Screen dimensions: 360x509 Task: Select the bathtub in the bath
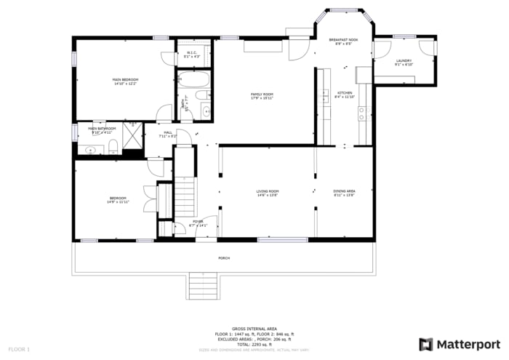(193, 80)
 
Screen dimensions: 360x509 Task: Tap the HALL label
(168, 133)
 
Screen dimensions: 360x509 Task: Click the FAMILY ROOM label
(262, 95)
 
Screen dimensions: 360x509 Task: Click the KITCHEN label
(345, 94)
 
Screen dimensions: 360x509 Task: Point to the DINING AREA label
(344, 192)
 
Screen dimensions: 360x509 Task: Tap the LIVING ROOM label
(268, 192)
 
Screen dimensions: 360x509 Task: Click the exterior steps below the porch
(204, 286)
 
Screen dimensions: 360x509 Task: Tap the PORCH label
(224, 258)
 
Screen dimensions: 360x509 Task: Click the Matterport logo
(460, 343)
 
